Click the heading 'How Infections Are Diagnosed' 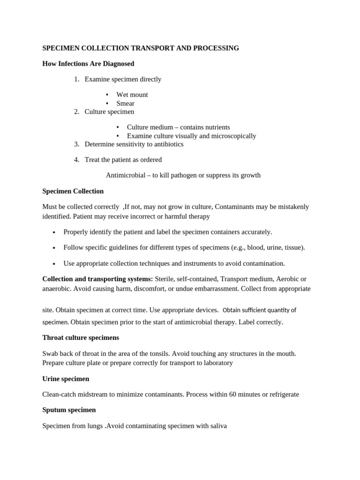click(88, 64)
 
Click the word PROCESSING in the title click(216, 48)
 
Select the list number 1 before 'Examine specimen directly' click(76, 79)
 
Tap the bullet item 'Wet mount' click(132, 95)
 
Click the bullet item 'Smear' click(125, 104)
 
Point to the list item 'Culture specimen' click(109, 112)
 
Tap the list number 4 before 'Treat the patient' click(76, 160)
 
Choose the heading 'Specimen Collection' click(73, 191)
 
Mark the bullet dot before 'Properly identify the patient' click(54, 232)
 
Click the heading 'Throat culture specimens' click(81, 337)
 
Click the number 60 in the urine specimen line click(233, 394)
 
